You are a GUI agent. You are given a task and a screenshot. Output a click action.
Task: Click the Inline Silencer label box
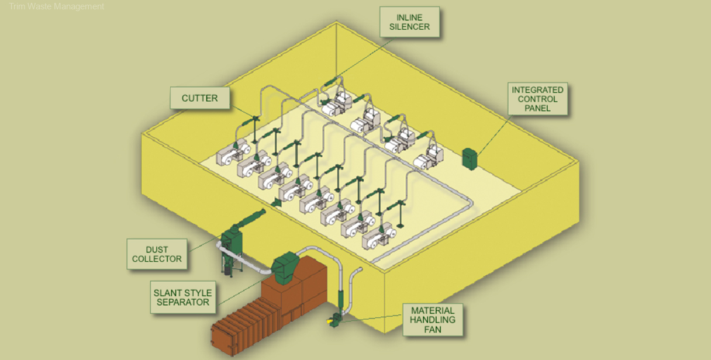click(409, 22)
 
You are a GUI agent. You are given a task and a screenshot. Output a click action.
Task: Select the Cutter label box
click(199, 98)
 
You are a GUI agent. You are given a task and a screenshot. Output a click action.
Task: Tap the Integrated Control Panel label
click(537, 99)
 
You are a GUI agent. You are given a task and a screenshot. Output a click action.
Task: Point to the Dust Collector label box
click(157, 254)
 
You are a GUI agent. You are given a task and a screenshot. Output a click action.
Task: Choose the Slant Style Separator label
click(183, 297)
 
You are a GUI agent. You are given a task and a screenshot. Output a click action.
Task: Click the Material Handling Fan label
click(432, 320)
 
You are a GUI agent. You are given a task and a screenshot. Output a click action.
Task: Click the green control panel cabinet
click(470, 158)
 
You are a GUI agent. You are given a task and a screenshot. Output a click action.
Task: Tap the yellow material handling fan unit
click(333, 320)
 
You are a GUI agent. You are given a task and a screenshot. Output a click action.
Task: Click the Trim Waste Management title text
click(57, 6)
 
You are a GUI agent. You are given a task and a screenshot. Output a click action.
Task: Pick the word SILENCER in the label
click(409, 27)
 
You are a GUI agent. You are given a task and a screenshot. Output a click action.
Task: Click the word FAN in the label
click(432, 330)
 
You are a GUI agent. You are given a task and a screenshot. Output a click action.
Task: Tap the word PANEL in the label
click(537, 108)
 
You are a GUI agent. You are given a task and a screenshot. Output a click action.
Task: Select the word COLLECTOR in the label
click(157, 259)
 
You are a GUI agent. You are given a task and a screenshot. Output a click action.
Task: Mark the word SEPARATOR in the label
click(183, 302)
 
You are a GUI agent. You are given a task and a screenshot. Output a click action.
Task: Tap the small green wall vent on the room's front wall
click(276, 202)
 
